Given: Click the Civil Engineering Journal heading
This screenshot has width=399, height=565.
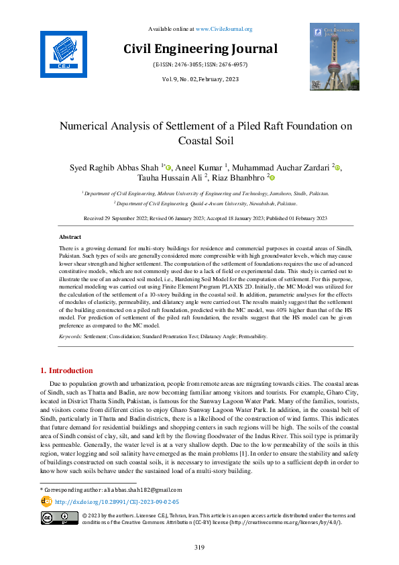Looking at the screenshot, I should click(x=200, y=48).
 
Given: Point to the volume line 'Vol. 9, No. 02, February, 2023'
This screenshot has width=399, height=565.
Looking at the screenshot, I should click(x=200, y=79).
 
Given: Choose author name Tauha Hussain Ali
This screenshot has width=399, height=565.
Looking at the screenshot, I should click(x=181, y=178).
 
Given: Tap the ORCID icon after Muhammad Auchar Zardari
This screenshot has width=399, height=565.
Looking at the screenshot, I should click(x=338, y=168).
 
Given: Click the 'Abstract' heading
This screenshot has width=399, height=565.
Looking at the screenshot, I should click(x=70, y=238).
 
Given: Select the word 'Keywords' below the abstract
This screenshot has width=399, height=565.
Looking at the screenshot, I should click(x=70, y=336).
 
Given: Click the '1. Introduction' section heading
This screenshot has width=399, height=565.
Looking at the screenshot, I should click(x=67, y=370).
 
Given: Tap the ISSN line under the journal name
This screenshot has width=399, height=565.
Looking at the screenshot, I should click(x=200, y=64).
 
